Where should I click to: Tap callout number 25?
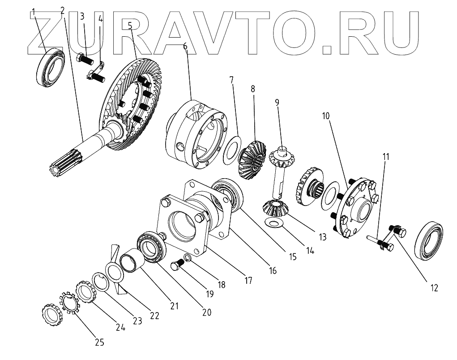(99, 343)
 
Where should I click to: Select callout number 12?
(435, 287)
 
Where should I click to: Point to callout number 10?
(325, 116)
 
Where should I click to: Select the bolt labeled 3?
(85, 58)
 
